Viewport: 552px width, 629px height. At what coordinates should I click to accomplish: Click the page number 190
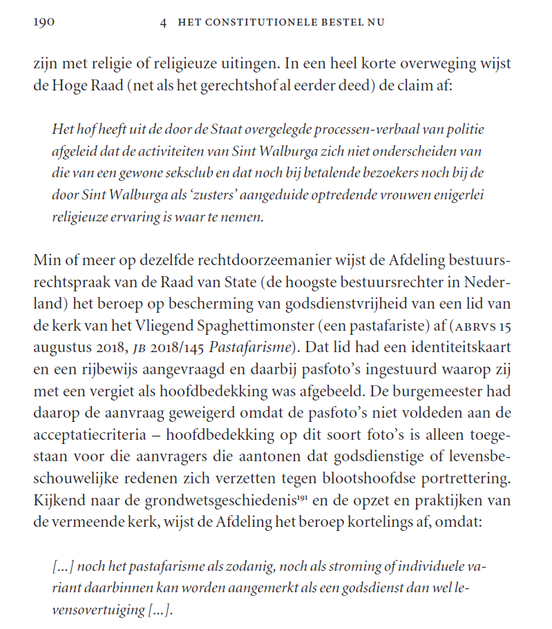44,22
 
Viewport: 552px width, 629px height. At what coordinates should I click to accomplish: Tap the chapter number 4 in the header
163,22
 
